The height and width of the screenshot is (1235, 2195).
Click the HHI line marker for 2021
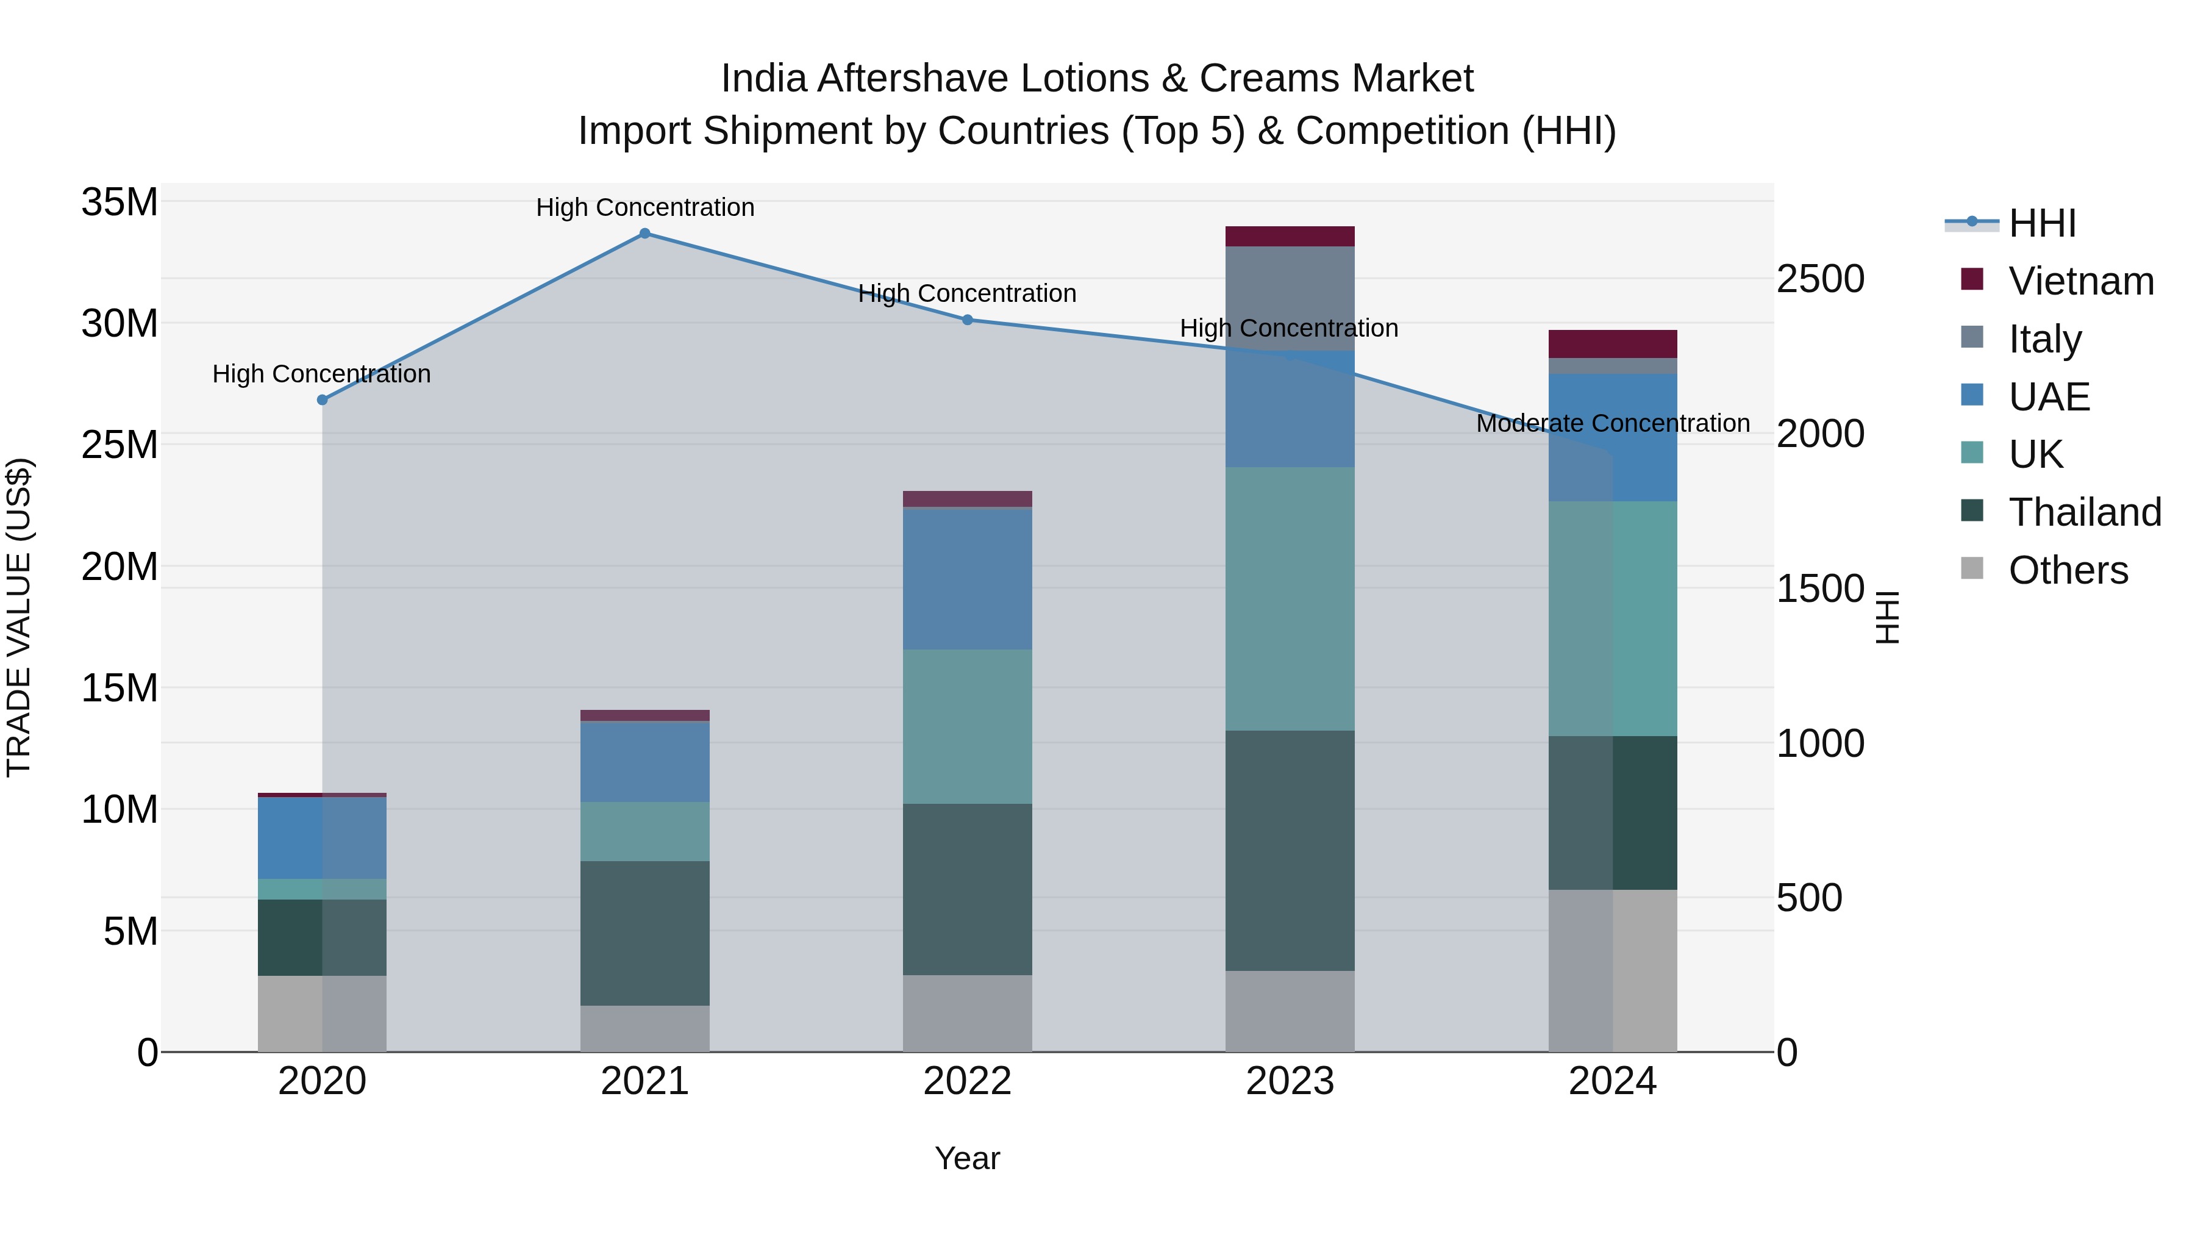pos(644,234)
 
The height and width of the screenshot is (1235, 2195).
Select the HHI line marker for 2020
pos(322,399)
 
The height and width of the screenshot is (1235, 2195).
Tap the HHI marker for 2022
pos(967,320)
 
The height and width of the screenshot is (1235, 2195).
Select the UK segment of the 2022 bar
pos(967,726)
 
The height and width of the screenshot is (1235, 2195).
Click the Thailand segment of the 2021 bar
pos(644,933)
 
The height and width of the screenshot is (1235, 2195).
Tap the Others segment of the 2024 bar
pos(1612,971)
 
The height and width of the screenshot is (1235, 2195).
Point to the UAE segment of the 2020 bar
pos(322,838)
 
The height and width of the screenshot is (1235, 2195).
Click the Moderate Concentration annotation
pos(1612,424)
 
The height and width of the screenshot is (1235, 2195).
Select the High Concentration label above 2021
pos(644,207)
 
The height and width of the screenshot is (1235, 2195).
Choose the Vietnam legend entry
pos(2080,281)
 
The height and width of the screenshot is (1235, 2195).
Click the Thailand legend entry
pos(2083,512)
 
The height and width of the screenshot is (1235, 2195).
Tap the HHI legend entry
pos(2041,223)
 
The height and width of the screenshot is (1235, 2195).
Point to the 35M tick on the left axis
pos(120,203)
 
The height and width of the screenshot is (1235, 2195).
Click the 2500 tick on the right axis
pos(1820,279)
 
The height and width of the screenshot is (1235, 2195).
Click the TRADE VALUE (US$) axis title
pos(19,617)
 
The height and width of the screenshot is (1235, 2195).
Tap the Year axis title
pos(967,1158)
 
